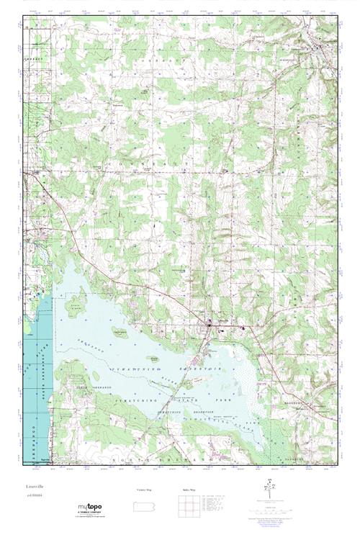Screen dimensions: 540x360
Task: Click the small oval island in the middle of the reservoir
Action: (120, 332)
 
